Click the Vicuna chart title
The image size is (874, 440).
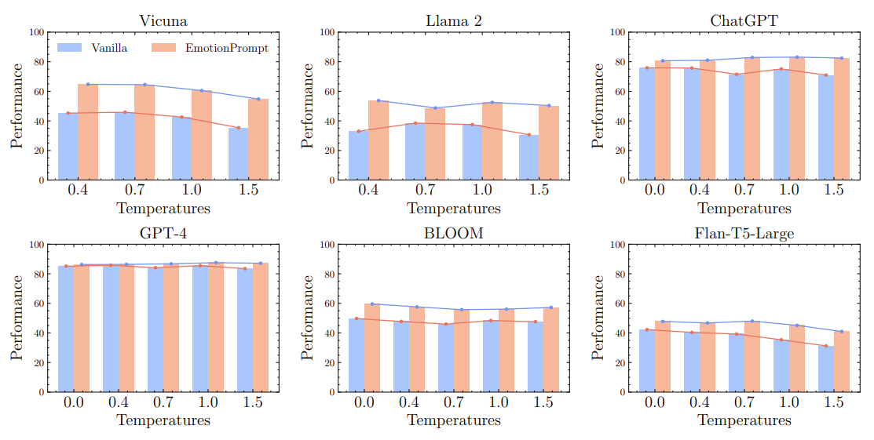(163, 20)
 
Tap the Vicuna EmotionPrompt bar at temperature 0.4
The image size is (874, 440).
(88, 132)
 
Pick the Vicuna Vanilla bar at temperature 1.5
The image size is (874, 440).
(238, 154)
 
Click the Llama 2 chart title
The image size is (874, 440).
(453, 20)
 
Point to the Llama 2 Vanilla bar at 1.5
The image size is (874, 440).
(528, 157)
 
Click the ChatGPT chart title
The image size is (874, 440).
(744, 20)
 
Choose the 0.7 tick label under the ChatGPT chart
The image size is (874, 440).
(744, 190)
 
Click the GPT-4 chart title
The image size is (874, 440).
(163, 233)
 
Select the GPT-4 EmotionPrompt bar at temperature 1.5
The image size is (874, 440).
(260, 327)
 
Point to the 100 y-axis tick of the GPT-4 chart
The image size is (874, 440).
(36, 245)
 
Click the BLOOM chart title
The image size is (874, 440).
(453, 233)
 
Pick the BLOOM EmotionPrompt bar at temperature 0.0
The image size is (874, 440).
(371, 347)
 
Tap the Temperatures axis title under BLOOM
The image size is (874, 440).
(453, 420)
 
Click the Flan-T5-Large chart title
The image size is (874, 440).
(744, 233)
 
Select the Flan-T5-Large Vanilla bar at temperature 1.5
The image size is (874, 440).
(826, 369)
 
